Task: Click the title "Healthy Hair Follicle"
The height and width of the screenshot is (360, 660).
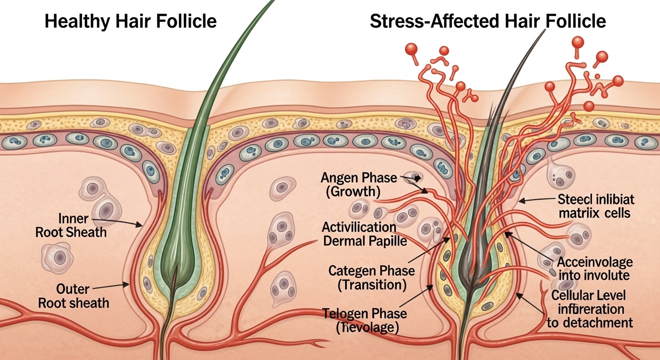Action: coord(131,22)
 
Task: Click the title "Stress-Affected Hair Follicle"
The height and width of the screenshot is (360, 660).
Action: coord(487,22)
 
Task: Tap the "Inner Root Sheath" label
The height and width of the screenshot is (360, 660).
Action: coord(71,225)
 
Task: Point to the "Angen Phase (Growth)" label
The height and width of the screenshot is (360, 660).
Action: coord(359,185)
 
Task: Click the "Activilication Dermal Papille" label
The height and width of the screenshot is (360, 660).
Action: coord(359,234)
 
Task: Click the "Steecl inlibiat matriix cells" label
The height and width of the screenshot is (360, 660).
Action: coord(596,207)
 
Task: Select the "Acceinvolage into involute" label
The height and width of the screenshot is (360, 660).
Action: coord(594,268)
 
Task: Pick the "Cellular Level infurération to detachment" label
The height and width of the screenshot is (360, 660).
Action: coord(590,309)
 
